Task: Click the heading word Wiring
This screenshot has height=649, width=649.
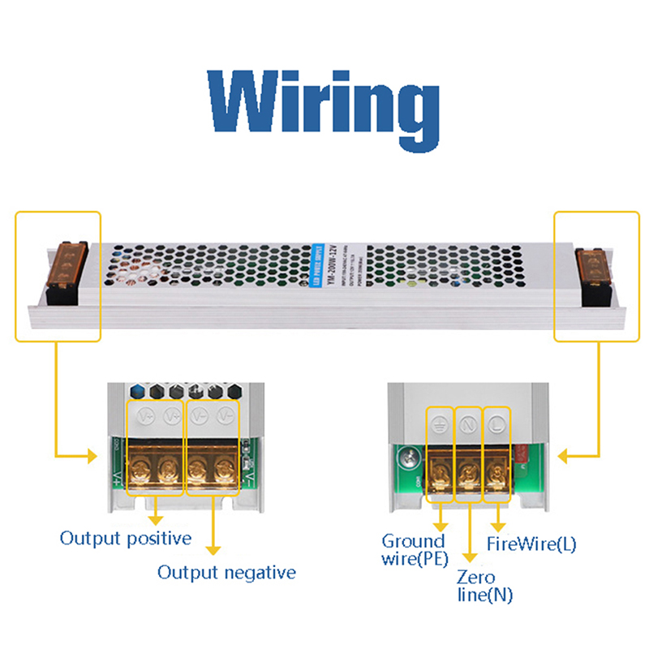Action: coord(324,104)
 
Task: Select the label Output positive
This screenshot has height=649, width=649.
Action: coord(126,538)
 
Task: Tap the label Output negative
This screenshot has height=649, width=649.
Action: coord(226,573)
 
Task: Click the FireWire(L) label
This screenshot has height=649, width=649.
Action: coord(531,544)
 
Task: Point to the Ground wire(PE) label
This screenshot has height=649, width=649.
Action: coord(414,549)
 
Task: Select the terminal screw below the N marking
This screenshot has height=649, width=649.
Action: coord(468,470)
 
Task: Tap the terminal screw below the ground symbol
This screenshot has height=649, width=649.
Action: coord(441,470)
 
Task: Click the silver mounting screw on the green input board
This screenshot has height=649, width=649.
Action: coord(405,459)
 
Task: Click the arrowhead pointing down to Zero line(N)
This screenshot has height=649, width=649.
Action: coord(470,557)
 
